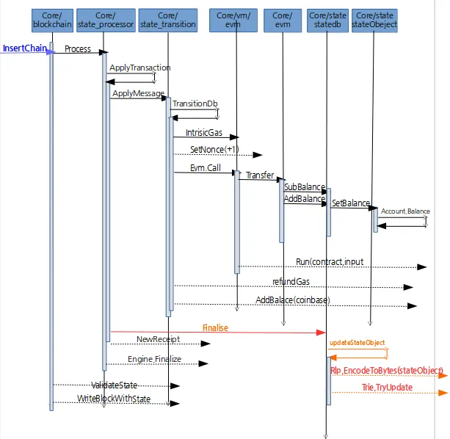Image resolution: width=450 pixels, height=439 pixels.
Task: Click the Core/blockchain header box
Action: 52,21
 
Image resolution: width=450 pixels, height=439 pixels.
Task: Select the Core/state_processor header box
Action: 106,21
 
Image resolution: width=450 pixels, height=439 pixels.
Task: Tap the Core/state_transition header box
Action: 168,21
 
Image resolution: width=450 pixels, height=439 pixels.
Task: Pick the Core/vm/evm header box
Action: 233,21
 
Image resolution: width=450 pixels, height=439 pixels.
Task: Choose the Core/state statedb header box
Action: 327,21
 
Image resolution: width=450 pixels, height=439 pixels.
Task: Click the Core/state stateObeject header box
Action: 374,21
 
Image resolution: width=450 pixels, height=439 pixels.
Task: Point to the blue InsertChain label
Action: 25,48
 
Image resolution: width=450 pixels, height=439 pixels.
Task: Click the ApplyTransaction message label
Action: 140,68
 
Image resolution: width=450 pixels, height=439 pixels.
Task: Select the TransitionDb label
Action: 195,104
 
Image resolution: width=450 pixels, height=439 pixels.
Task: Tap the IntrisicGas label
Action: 204,133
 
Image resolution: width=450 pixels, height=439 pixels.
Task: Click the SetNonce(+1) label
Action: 214,150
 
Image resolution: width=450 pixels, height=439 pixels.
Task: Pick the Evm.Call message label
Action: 206,168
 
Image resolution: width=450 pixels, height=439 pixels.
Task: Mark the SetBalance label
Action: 351,203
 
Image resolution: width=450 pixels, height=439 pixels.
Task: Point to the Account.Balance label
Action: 405,211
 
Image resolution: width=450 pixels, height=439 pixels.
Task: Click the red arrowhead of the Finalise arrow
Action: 321,333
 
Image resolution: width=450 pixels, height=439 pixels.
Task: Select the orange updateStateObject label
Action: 358,343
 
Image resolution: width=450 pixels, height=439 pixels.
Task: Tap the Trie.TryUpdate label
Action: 387,388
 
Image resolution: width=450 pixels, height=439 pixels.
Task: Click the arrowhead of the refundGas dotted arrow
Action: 408,287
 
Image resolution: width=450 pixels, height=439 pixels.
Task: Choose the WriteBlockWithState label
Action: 114,399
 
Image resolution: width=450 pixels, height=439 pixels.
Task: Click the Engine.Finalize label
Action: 155,359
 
